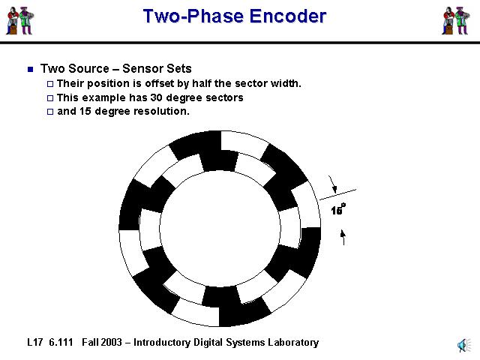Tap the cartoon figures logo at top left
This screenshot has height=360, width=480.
pos(20,20)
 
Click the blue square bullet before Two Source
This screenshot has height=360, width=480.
pos(31,69)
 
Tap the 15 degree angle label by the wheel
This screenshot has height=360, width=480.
pos(338,210)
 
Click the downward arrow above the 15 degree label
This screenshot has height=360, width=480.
pos(334,184)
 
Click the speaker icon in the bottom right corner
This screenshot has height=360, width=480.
pos(463,344)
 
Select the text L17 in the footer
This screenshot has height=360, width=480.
pos(34,343)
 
